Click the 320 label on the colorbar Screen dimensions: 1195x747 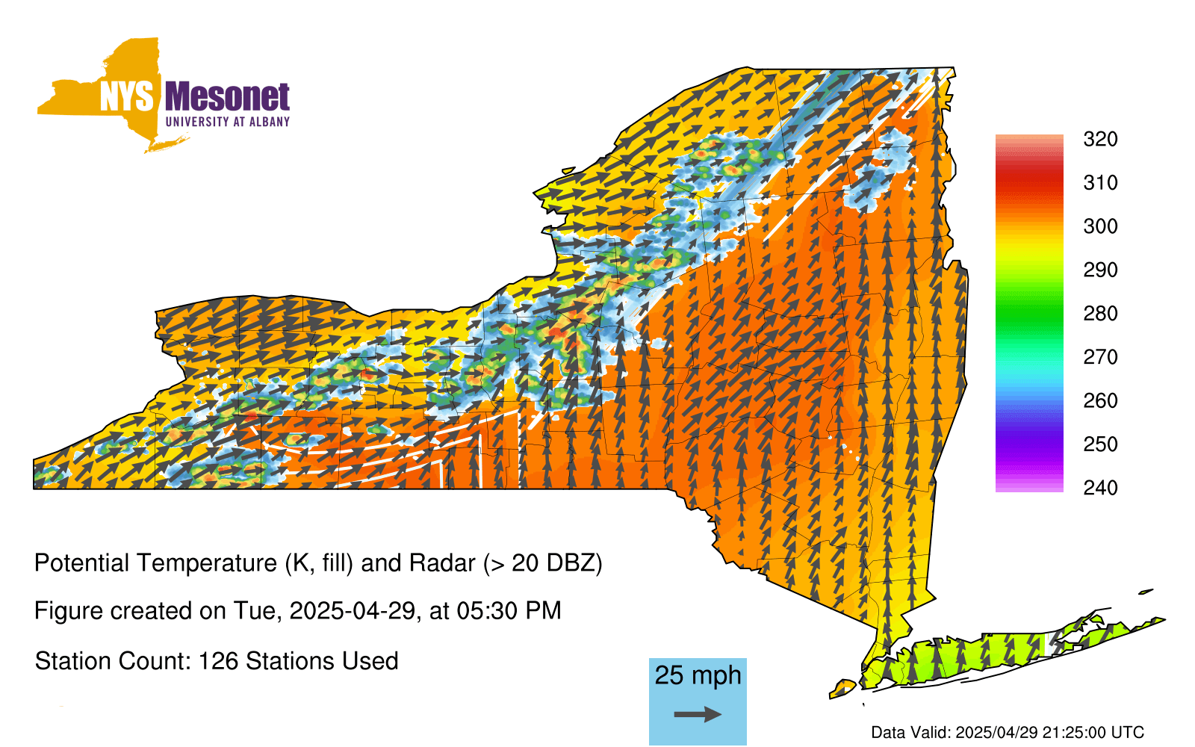point(1100,139)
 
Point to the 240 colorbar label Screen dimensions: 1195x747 point(1100,488)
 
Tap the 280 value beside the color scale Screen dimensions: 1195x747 point(1100,313)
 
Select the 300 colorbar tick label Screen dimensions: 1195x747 point(1100,226)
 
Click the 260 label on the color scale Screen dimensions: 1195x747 point(1100,400)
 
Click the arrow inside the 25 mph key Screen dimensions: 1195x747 point(698,714)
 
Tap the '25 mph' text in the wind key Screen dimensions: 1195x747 point(698,675)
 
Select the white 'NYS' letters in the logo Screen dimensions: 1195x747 point(126,96)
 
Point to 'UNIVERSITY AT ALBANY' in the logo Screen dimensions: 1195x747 point(228,122)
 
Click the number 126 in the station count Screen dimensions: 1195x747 point(217,661)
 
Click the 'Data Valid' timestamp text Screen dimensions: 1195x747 point(1008,733)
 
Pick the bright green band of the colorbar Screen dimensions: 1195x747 point(1029,313)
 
